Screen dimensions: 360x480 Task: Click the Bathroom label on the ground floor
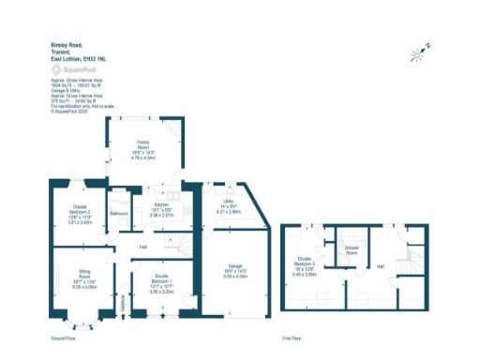click(118, 214)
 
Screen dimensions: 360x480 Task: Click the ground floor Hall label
click(143, 247)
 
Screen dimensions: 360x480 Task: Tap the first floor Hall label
click(381, 266)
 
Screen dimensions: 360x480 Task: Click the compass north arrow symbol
click(419, 52)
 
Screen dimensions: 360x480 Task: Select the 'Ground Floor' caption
click(63, 337)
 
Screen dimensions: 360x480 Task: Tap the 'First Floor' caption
click(292, 337)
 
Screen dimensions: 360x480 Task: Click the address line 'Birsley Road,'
click(65, 44)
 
